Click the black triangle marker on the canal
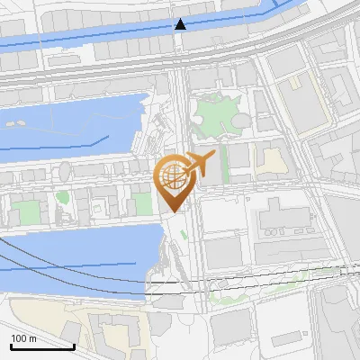click(180, 24)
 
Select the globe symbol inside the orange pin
click(173, 175)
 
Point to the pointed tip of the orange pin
click(172, 211)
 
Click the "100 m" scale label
click(23, 338)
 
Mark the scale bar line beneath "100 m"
click(42, 346)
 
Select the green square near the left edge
click(25, 212)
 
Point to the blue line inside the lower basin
click(72, 266)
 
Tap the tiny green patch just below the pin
click(184, 236)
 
